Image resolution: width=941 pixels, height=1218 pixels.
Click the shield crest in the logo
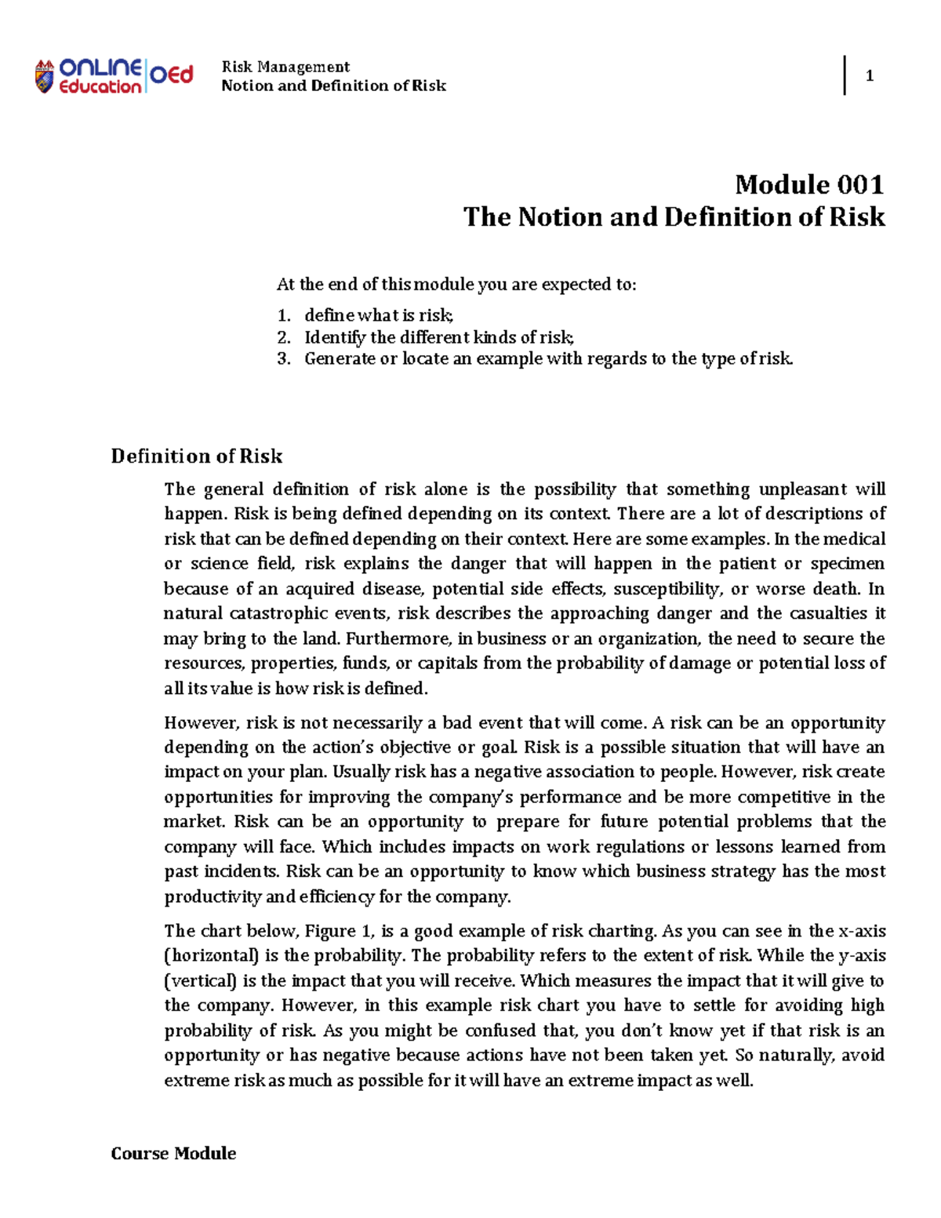(x=44, y=77)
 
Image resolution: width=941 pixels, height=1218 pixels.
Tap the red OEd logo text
(x=170, y=75)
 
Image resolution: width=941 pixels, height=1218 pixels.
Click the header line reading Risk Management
(x=285, y=67)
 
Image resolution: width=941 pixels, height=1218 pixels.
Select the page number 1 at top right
(x=869, y=76)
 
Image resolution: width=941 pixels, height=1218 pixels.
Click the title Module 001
(x=809, y=185)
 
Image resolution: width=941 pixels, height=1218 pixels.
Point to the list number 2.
(x=284, y=338)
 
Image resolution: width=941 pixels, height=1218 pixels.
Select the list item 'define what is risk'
(x=379, y=315)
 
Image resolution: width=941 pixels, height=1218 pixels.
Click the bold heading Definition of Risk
(x=196, y=456)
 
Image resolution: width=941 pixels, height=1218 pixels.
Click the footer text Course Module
(x=173, y=1153)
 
